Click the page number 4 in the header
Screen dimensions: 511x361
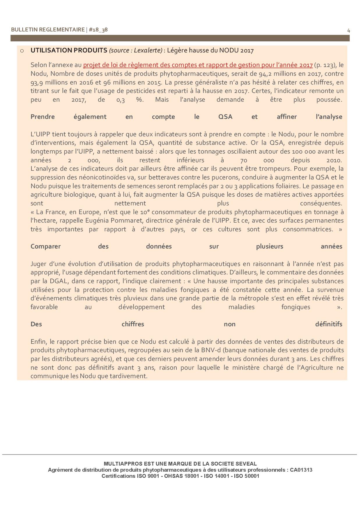(x=348, y=30)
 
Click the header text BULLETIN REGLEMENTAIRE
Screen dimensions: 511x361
(x=48, y=30)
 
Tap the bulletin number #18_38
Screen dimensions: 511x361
(x=98, y=30)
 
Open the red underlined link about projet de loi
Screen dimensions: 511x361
(x=198, y=65)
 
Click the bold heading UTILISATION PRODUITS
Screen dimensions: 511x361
(x=69, y=50)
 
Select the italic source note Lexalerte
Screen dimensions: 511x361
(x=135, y=51)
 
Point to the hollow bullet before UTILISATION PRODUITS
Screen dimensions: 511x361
(x=22, y=51)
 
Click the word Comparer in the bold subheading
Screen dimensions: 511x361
(x=45, y=246)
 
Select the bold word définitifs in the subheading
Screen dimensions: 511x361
(x=328, y=324)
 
